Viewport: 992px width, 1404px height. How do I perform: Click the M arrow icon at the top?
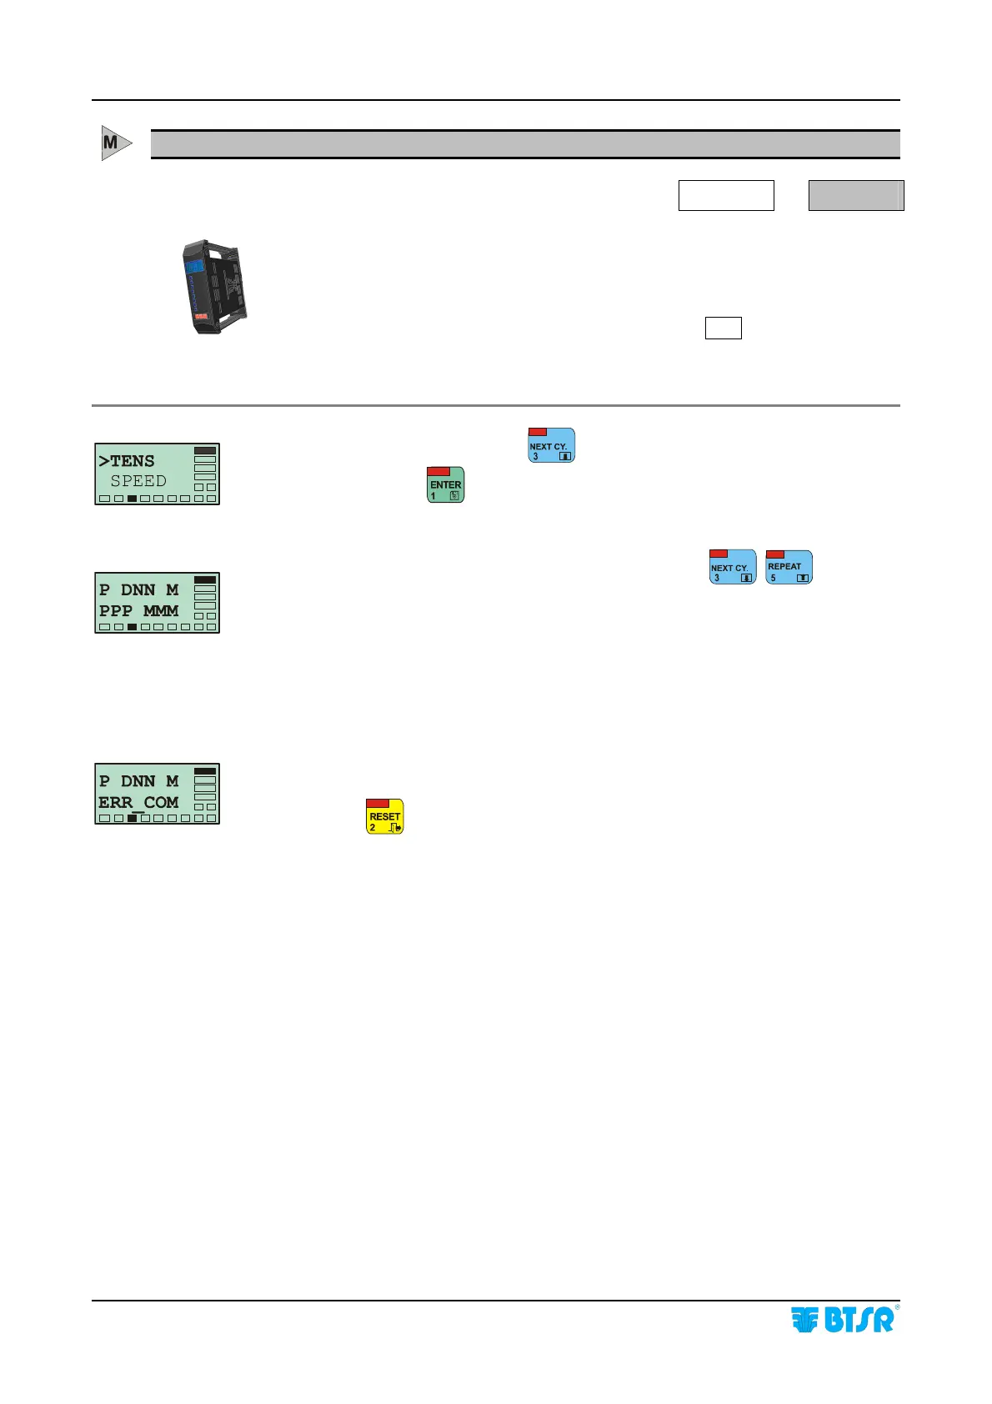point(115,143)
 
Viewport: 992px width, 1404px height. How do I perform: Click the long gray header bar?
point(524,144)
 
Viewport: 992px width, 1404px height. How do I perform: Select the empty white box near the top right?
point(725,195)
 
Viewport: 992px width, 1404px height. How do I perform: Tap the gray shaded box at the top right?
point(856,195)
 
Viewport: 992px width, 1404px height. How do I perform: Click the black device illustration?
point(215,287)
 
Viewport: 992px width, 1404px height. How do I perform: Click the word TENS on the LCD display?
point(133,461)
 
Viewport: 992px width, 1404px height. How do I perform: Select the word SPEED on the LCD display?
point(138,481)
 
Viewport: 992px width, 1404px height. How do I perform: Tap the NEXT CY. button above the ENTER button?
point(551,445)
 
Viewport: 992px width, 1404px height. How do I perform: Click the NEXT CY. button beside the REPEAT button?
point(732,567)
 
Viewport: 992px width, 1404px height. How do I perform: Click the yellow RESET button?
point(384,817)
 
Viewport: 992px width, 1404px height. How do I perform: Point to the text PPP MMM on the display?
point(138,610)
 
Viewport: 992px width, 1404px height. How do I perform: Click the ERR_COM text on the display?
point(138,802)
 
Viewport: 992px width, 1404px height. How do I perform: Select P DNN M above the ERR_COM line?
point(138,781)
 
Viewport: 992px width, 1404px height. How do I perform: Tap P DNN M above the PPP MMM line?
point(138,589)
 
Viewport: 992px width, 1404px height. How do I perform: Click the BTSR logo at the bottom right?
point(843,1319)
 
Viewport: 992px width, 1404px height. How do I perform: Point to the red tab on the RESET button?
point(378,803)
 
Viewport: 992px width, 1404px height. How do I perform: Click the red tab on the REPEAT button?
point(775,554)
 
